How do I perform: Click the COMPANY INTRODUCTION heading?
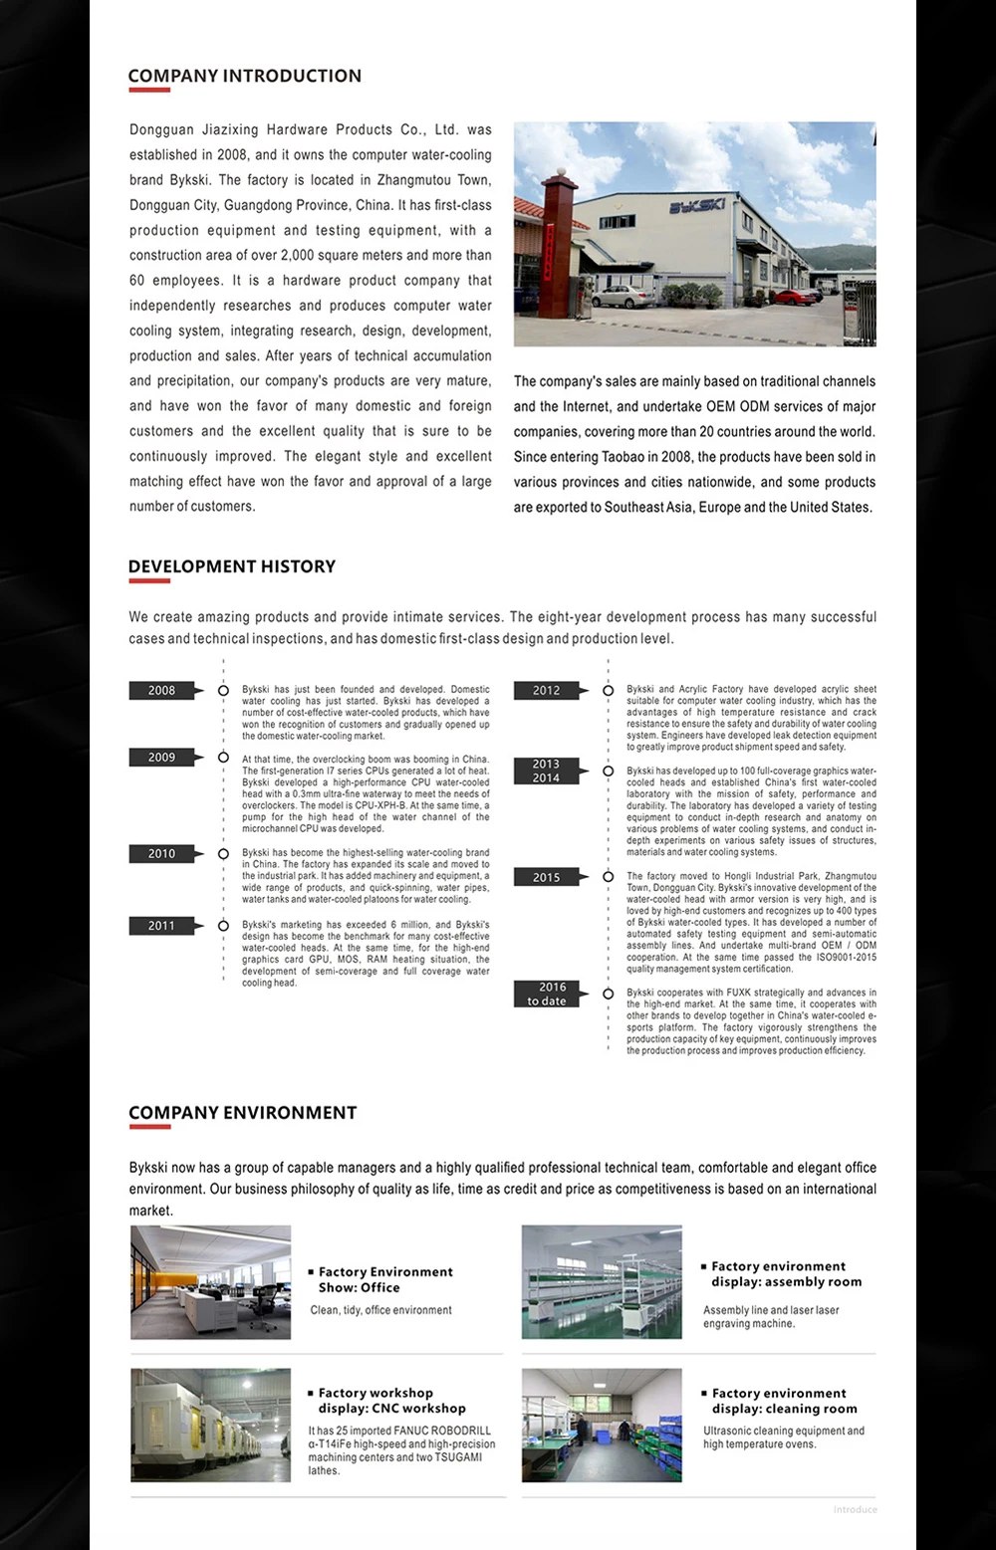pyautogui.click(x=244, y=76)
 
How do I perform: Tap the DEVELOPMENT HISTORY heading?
pyautogui.click(x=231, y=566)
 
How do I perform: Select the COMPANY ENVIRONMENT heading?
pyautogui.click(x=242, y=1113)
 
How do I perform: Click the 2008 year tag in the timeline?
pyautogui.click(x=162, y=690)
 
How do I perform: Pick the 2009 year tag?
pyautogui.click(x=162, y=758)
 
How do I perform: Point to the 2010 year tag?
pyautogui.click(x=162, y=853)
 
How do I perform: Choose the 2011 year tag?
pyautogui.click(x=162, y=926)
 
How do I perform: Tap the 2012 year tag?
pyautogui.click(x=547, y=690)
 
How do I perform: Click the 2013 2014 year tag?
pyautogui.click(x=547, y=771)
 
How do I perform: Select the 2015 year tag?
pyautogui.click(x=547, y=877)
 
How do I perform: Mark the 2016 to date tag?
pyautogui.click(x=547, y=994)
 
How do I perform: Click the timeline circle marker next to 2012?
pyautogui.click(x=608, y=690)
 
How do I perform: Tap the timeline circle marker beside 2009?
pyautogui.click(x=223, y=758)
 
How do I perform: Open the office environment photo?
pyautogui.click(x=211, y=1282)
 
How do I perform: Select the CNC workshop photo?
pyautogui.click(x=211, y=1425)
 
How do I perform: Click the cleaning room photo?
pyautogui.click(x=602, y=1425)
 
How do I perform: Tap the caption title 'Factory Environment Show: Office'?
pyautogui.click(x=384, y=1279)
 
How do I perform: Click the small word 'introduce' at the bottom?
pyautogui.click(x=855, y=1510)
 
